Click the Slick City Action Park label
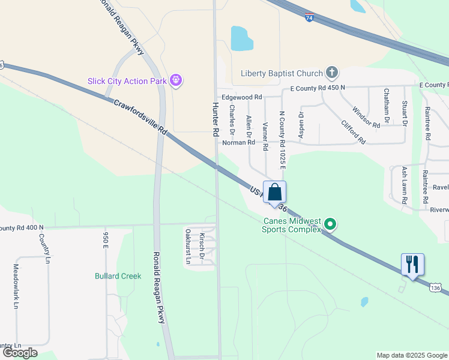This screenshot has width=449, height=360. click(x=126, y=81)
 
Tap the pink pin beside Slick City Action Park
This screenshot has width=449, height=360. click(x=176, y=80)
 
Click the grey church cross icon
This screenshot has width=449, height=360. click(x=331, y=73)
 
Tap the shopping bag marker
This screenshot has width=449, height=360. click(x=275, y=193)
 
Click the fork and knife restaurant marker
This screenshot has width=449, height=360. click(x=412, y=264)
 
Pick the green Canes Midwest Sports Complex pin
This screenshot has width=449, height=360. click(x=330, y=226)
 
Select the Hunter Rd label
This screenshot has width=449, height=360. click(x=215, y=119)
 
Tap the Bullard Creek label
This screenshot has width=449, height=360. click(x=118, y=276)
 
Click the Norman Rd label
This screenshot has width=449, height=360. click(x=238, y=143)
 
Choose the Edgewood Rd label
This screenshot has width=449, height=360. click(x=242, y=97)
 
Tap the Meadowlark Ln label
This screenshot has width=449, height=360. click(x=16, y=286)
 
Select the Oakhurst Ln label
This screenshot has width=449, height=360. click(x=188, y=247)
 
